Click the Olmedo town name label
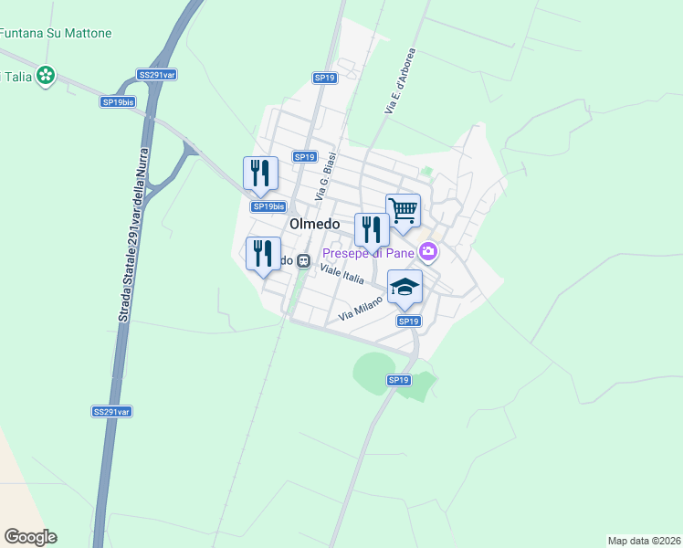coord(314,224)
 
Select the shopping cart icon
coord(403,210)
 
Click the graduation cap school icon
coord(405,288)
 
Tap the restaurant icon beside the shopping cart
coord(372,229)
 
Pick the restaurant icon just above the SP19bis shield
coord(260,173)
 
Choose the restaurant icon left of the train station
coord(264,253)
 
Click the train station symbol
coord(304,261)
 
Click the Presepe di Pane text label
coord(366,251)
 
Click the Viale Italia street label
coord(342,271)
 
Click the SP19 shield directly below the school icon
coord(408,321)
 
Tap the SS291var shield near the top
coord(157,75)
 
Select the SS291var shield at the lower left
coord(112,412)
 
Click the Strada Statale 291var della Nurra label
coord(133,233)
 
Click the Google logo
coord(30,537)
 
